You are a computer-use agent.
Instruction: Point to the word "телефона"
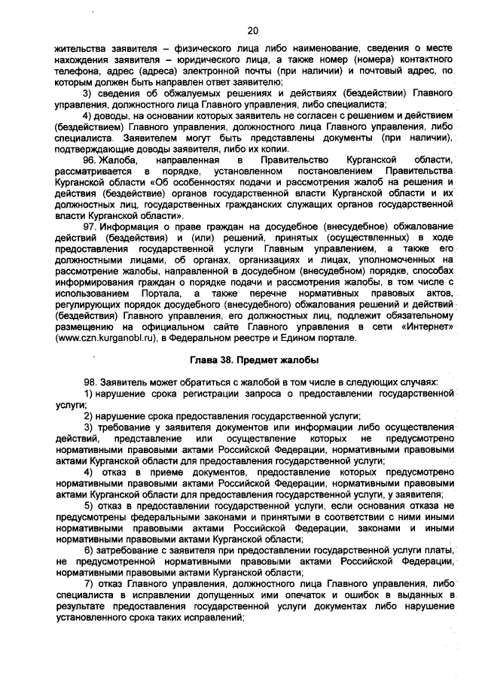tap(77, 71)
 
